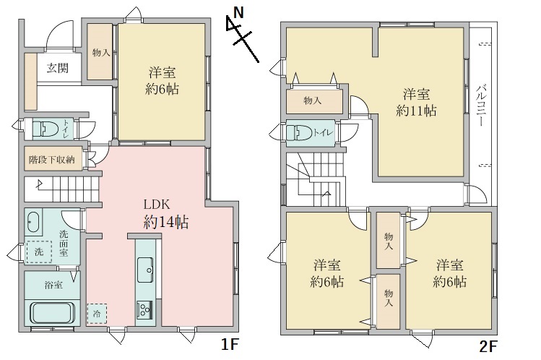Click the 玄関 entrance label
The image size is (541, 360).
(59, 69)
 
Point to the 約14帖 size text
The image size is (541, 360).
(165, 223)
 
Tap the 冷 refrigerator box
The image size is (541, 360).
(97, 313)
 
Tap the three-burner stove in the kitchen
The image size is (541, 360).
(144, 309)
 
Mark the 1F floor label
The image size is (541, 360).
(229, 345)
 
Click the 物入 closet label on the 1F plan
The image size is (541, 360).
(102, 53)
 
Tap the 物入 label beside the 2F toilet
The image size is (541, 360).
(312, 100)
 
